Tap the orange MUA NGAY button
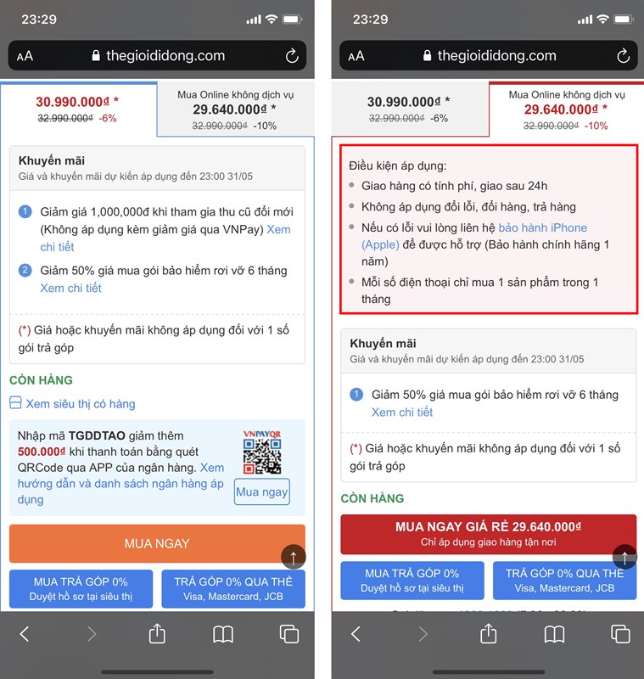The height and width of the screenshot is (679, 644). click(157, 543)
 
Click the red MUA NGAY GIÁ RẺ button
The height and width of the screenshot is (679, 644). click(488, 534)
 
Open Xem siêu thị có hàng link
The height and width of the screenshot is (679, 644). click(81, 404)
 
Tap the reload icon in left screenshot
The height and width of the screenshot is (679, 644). click(292, 55)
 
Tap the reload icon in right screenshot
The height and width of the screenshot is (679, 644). click(624, 55)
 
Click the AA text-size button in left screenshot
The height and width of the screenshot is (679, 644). click(25, 56)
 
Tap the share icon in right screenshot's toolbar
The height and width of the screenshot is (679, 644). click(488, 633)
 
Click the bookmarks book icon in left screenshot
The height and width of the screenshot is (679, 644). click(223, 634)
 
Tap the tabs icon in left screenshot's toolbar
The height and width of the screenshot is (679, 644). click(289, 634)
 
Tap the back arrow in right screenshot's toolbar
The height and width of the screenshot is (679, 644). click(356, 634)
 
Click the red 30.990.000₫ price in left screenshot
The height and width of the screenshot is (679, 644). click(73, 102)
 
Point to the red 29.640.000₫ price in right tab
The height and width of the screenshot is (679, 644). click(562, 109)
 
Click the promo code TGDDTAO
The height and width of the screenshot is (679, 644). click(97, 435)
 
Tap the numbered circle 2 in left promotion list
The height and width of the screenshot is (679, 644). click(25, 271)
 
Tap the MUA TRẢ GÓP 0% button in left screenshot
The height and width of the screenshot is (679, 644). click(81, 588)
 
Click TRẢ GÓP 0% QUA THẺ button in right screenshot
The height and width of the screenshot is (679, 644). click(565, 581)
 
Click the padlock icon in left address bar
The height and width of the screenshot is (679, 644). click(96, 55)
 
